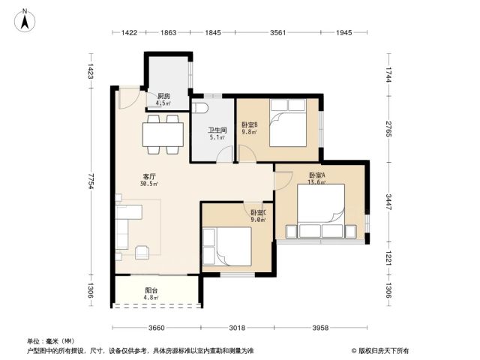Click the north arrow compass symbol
pos(25,20)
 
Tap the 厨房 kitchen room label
pos(163,96)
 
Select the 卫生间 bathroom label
pos(217,130)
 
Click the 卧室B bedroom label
pos(250,125)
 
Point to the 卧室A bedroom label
pos(316,175)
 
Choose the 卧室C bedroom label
pos(259,212)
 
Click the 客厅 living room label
pos(149,177)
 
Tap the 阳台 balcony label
pos(151,290)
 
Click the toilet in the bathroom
pos(199,108)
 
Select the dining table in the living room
pos(163,134)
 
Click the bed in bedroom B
pos(288,123)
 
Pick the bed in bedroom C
pos(226,247)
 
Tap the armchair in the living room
pos(142,252)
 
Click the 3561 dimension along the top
pos(277,32)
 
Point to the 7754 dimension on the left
pos(91,181)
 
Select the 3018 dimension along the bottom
pos(237,328)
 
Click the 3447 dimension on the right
pos(388,202)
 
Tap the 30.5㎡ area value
pos(149,184)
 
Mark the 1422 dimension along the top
pos(129,32)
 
